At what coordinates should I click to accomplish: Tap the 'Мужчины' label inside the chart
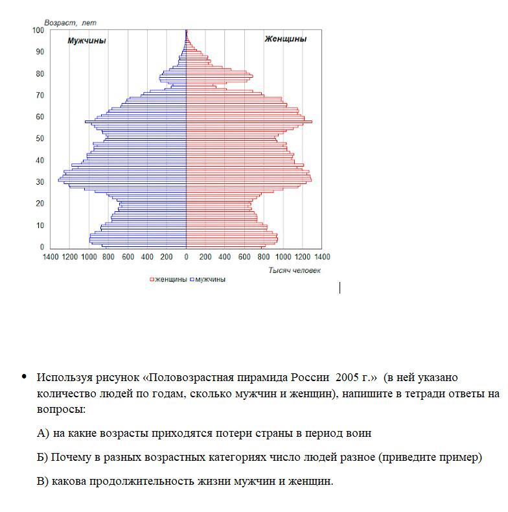(x=87, y=41)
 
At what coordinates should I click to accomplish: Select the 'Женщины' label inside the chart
(x=285, y=39)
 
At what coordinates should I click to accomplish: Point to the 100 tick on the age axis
(x=38, y=30)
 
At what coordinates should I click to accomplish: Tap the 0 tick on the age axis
(x=42, y=247)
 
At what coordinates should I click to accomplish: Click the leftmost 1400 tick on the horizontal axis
(x=51, y=257)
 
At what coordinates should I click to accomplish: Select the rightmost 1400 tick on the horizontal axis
(x=321, y=257)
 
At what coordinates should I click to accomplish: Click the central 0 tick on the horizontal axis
(x=187, y=257)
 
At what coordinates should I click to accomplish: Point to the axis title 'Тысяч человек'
(x=294, y=270)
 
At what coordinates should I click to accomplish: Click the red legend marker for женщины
(x=152, y=280)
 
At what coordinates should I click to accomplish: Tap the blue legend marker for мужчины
(x=192, y=280)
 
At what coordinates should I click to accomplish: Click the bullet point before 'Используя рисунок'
(x=24, y=377)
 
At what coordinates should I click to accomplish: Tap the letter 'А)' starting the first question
(x=43, y=433)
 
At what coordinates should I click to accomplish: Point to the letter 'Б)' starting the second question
(x=43, y=457)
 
